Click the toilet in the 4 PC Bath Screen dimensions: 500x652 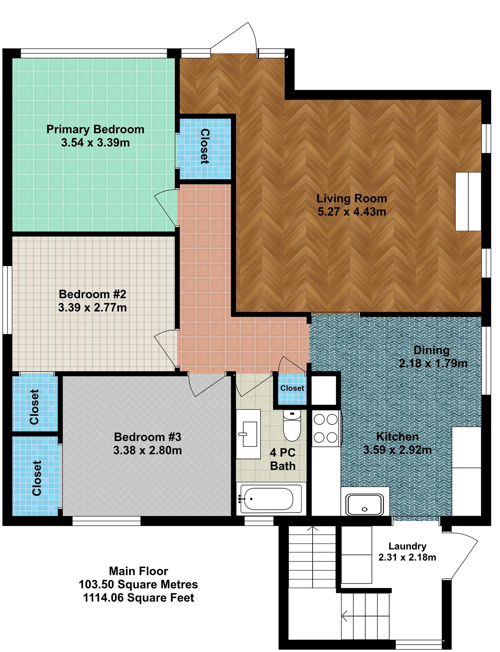pyautogui.click(x=292, y=426)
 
